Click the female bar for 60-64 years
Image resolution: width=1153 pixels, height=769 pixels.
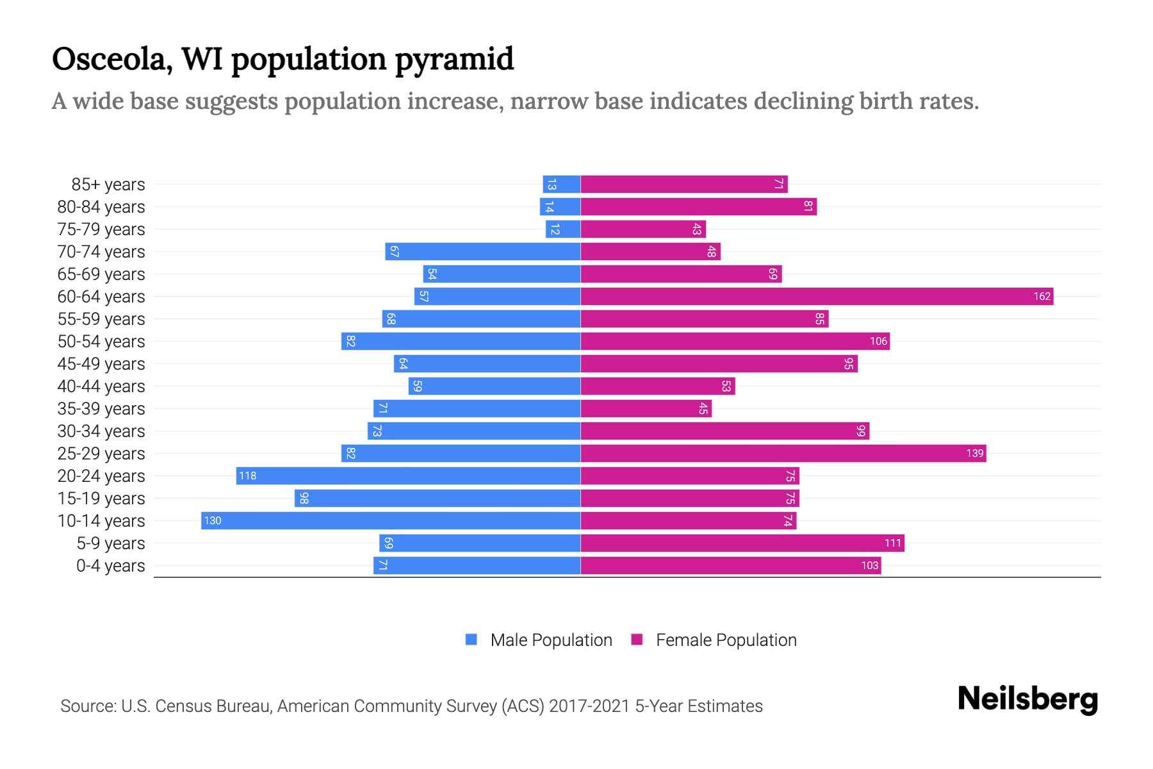[x=817, y=296]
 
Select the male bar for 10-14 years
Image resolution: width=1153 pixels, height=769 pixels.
[x=391, y=520]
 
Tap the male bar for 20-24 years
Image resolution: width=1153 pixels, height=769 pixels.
[x=408, y=475]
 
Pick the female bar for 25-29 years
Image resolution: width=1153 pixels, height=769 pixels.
[x=783, y=453]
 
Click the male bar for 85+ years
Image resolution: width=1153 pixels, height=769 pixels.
[x=562, y=184]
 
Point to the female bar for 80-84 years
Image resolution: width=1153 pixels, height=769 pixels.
[x=698, y=206]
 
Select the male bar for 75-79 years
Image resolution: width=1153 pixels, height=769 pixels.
[x=563, y=229]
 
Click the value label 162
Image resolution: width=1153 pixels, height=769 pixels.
[x=1042, y=296]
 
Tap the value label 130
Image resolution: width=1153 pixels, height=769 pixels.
[x=213, y=520]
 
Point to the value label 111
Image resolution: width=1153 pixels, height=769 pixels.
[x=893, y=543]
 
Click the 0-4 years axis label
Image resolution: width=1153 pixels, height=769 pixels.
[x=110, y=566]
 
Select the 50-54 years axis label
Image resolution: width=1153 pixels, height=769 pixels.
[x=101, y=342]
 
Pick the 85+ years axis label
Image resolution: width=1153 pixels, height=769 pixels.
[x=108, y=185]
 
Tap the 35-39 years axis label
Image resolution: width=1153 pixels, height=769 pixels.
[x=101, y=409]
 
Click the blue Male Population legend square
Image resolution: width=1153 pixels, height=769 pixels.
[x=471, y=640]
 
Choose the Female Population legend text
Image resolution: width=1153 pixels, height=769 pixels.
[x=726, y=640]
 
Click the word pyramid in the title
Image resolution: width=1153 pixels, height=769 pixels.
[x=454, y=60]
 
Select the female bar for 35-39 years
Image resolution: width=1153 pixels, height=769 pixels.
[x=646, y=408]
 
